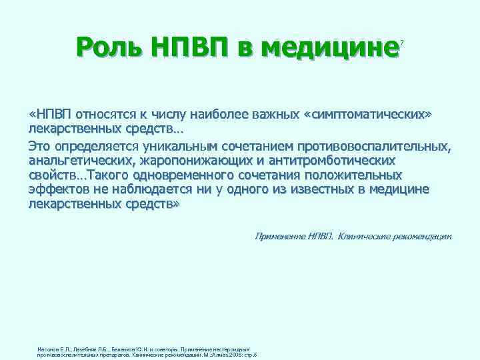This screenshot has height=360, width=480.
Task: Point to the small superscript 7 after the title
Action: click(x=402, y=43)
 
